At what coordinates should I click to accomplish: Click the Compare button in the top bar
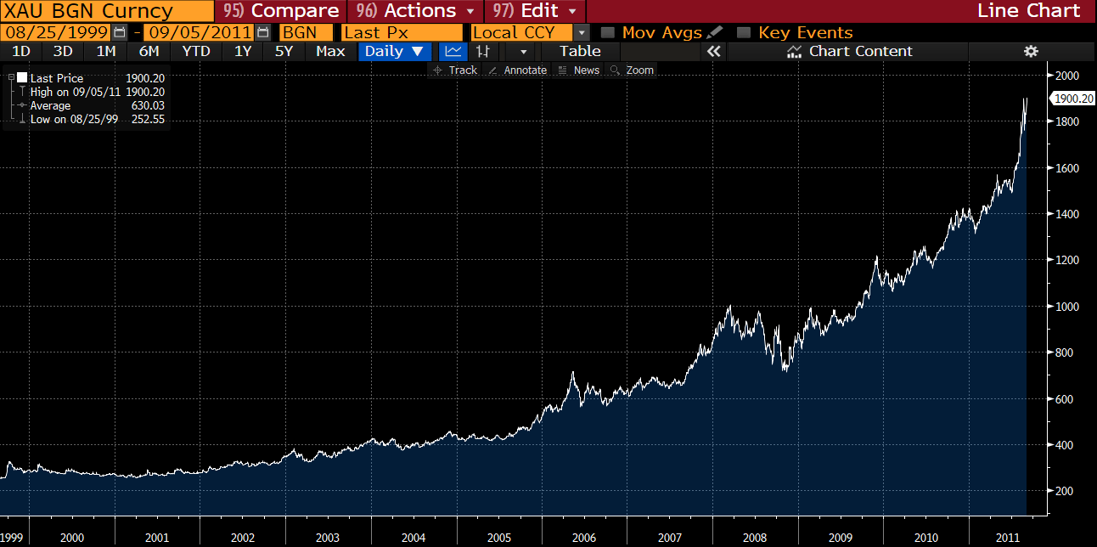[282, 11]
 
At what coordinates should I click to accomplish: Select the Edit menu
[535, 11]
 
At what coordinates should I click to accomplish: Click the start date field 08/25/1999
[56, 32]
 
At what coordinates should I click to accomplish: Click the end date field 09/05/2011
[199, 32]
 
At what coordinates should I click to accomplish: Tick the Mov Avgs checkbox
[608, 32]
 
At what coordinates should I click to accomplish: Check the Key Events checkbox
[744, 32]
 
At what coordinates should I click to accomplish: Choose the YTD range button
[196, 51]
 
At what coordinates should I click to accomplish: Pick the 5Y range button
[284, 51]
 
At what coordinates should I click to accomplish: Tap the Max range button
[330, 51]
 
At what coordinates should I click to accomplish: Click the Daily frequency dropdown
[394, 51]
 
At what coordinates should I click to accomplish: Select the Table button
[580, 51]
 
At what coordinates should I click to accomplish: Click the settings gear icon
[1031, 51]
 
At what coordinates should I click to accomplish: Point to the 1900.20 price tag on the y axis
[1073, 99]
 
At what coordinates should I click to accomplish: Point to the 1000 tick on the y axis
[1066, 307]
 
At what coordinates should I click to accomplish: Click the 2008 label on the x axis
[754, 538]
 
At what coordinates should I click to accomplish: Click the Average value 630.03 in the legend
[148, 105]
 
